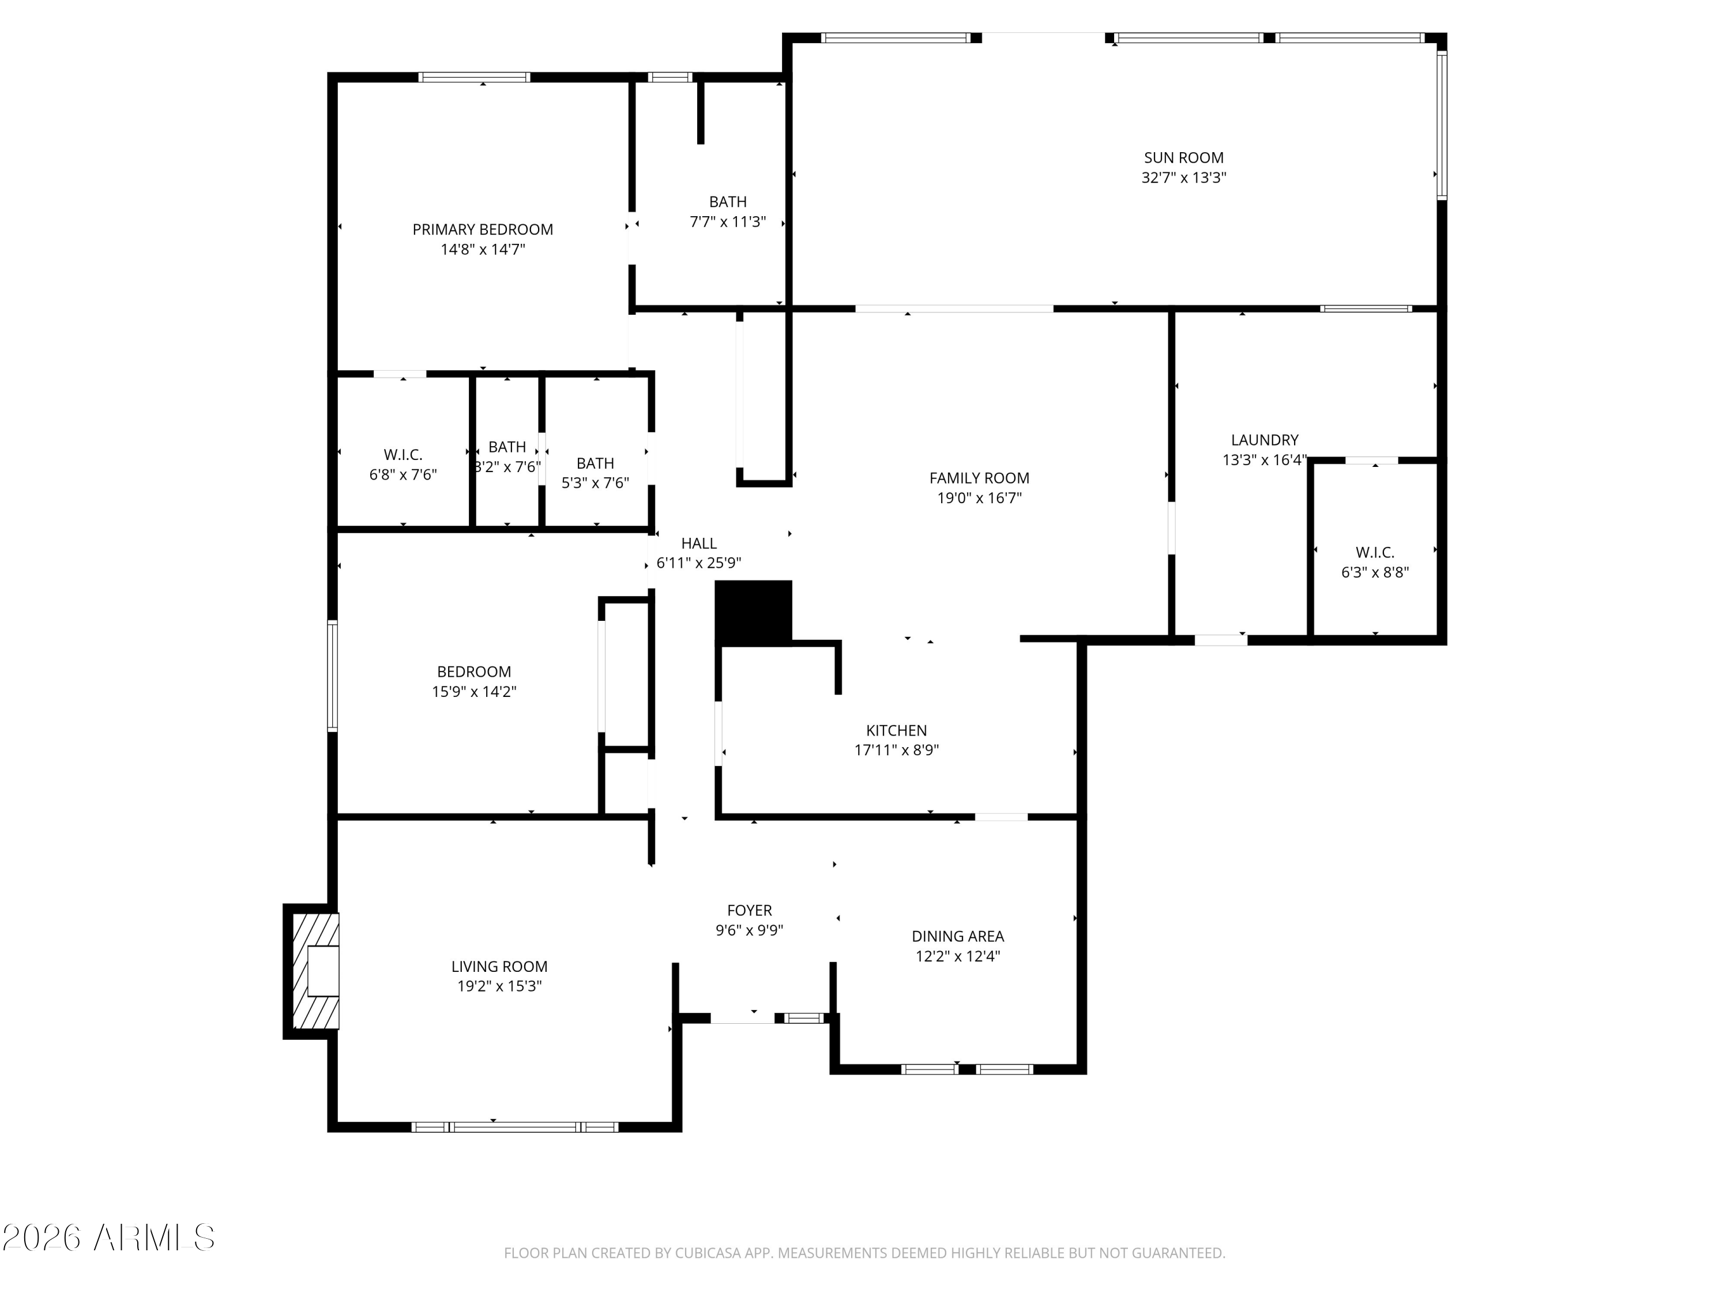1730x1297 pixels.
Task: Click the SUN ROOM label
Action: (1183, 158)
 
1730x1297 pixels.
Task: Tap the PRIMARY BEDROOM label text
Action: (483, 230)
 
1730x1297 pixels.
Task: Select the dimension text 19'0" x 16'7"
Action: (979, 498)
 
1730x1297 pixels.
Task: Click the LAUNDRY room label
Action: (1265, 440)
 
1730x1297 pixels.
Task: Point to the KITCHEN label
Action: (896, 731)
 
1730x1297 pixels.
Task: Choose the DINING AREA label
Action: (958, 937)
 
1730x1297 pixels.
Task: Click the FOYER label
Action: (749, 911)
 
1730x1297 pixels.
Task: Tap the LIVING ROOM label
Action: (499, 967)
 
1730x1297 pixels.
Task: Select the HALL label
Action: (698, 544)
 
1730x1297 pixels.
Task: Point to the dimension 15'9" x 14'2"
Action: (474, 692)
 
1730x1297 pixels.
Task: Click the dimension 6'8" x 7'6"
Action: (403, 474)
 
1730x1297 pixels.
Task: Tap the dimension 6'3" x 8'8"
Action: (1375, 572)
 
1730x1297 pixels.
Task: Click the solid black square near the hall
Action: (754, 612)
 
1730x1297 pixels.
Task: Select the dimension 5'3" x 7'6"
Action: (595, 483)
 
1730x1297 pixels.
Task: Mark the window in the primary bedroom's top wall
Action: (474, 77)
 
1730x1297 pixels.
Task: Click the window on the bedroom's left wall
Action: (332, 676)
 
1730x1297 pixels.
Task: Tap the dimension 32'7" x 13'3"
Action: (1183, 178)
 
